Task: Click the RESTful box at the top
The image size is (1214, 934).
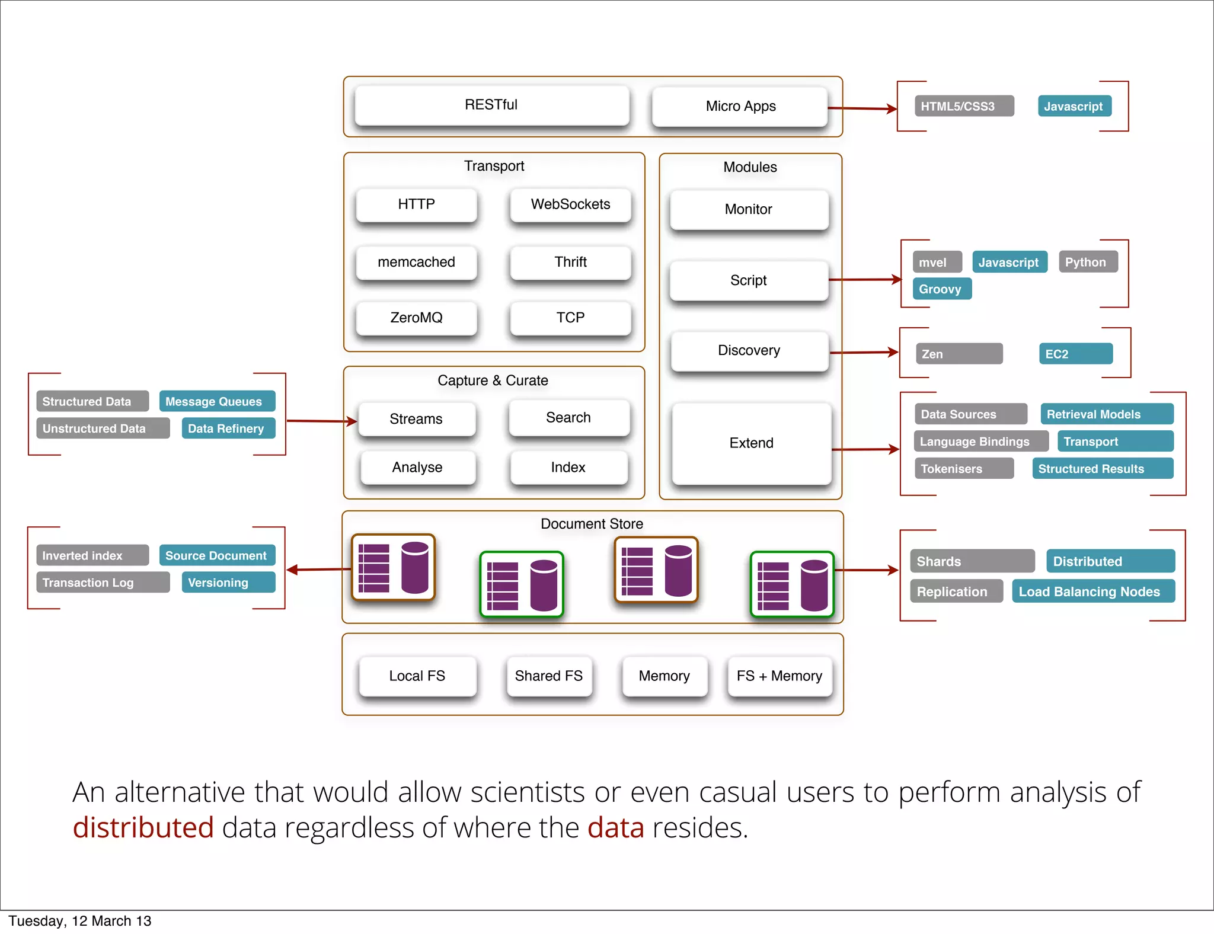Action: tap(491, 105)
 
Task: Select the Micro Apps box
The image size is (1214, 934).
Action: tap(740, 107)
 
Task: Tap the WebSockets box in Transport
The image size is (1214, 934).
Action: tap(570, 204)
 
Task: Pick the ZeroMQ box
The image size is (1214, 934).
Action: tap(416, 318)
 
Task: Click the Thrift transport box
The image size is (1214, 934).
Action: tap(570, 262)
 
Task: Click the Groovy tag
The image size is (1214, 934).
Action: tap(941, 289)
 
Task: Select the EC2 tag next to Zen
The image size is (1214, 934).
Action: tap(1075, 354)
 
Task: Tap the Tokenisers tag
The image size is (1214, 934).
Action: tap(963, 469)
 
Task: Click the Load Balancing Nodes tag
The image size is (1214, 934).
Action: tap(1092, 591)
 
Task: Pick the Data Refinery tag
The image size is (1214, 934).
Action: tap(228, 428)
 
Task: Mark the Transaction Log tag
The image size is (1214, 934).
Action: tap(103, 583)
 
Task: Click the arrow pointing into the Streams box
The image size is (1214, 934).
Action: tap(322, 421)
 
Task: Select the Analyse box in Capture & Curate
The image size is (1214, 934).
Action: tap(417, 468)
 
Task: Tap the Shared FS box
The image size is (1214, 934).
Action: tap(549, 676)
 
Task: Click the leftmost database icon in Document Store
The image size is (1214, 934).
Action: tap(393, 568)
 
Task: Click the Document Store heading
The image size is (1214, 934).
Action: tap(592, 524)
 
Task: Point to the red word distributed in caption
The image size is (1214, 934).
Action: tap(143, 827)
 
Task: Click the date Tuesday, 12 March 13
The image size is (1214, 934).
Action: tap(80, 921)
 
